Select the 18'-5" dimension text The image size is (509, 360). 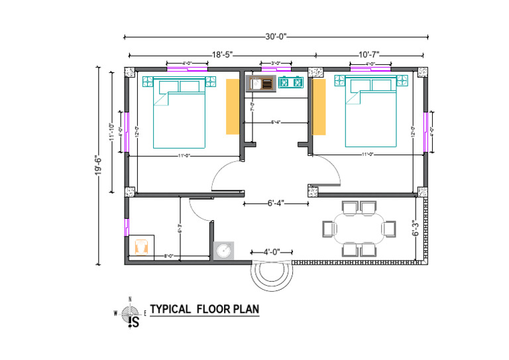222,54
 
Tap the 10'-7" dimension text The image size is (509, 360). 368,54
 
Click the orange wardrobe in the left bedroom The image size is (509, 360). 231,107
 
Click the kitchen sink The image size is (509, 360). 260,84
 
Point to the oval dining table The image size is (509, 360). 359,228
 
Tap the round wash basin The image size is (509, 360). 223,250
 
